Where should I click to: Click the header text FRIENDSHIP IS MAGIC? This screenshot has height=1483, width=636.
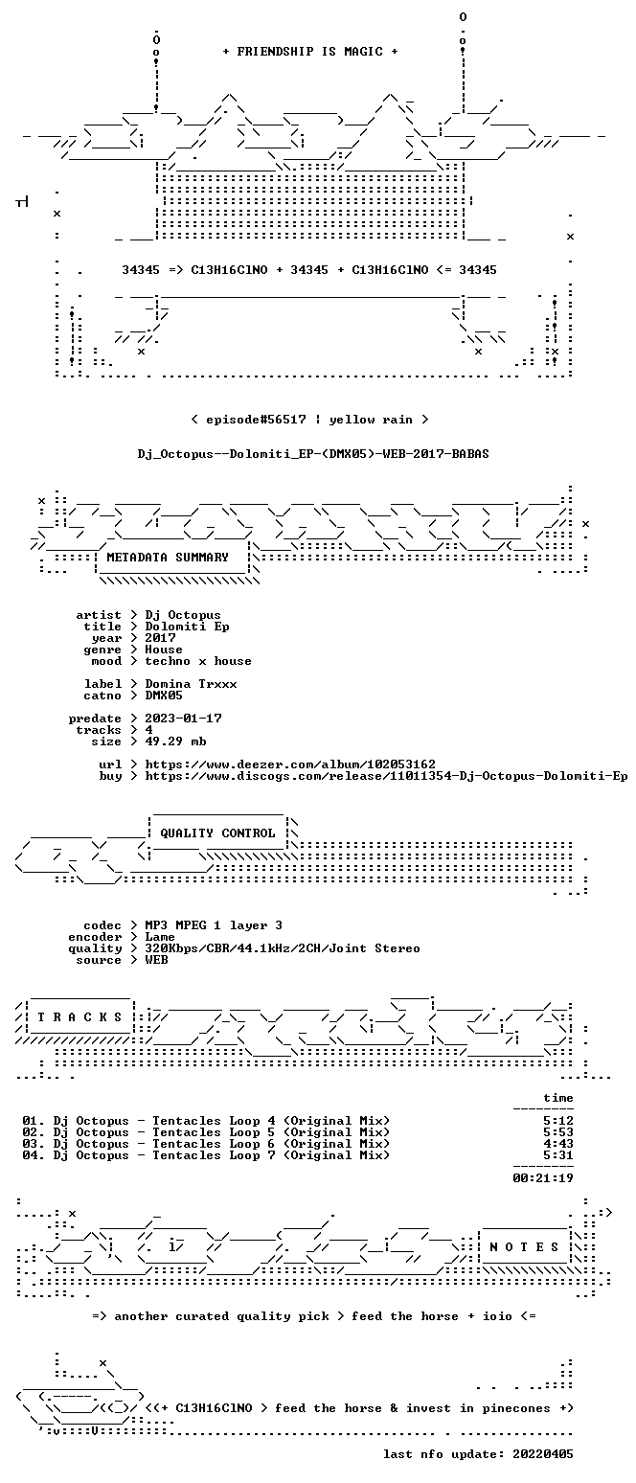pyautogui.click(x=309, y=52)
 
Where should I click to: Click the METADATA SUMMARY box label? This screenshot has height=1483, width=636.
pyautogui.click(x=168, y=558)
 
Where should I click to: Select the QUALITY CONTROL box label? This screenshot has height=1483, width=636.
pyautogui.click(x=217, y=833)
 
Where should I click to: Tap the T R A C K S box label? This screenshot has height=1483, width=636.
pyautogui.click(x=79, y=1016)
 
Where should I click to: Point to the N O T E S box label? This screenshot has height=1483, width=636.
pyautogui.click(x=524, y=1246)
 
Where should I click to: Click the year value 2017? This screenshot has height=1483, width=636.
pyautogui.click(x=160, y=638)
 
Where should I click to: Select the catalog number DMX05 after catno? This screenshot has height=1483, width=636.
pyautogui.click(x=164, y=696)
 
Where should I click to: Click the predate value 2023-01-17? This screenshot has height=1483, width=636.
pyautogui.click(x=183, y=719)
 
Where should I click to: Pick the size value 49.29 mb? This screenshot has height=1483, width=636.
pyautogui.click(x=175, y=741)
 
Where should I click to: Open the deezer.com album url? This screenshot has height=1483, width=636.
pyautogui.click(x=290, y=764)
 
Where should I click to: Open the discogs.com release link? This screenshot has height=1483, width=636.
pyautogui.click(x=387, y=776)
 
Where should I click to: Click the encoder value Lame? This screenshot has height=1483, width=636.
pyautogui.click(x=160, y=937)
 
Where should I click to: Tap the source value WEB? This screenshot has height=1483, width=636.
pyautogui.click(x=156, y=960)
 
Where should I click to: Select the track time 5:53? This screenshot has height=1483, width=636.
pyautogui.click(x=557, y=1132)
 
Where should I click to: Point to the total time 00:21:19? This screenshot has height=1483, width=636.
pyautogui.click(x=543, y=1177)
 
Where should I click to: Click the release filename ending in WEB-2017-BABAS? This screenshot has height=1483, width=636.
pyautogui.click(x=313, y=454)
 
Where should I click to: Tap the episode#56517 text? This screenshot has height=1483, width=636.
pyautogui.click(x=256, y=420)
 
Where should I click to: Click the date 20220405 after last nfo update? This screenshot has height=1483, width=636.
pyautogui.click(x=543, y=1454)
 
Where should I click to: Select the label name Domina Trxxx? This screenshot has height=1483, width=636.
pyautogui.click(x=191, y=684)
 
